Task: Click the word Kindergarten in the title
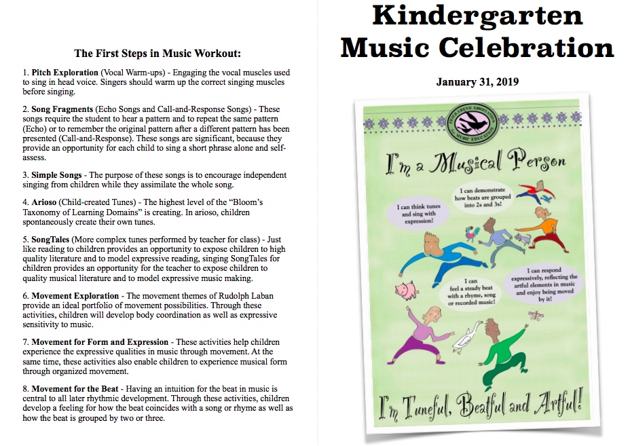tap(477, 16)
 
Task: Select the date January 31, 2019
tap(477, 82)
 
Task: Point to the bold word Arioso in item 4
tap(47, 202)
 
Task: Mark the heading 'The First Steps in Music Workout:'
tap(157, 53)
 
